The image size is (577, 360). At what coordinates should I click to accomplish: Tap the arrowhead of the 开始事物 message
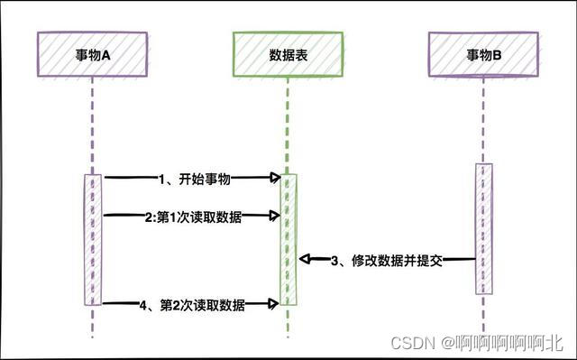pos(275,179)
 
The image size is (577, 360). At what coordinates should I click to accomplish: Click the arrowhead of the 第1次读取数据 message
pos(275,216)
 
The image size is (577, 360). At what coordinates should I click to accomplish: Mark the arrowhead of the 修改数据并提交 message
pos(304,260)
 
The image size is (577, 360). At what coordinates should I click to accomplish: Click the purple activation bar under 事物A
pos(93,239)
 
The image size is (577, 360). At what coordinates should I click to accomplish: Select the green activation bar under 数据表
pos(288,239)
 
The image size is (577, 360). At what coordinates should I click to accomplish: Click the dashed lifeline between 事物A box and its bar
pos(93,122)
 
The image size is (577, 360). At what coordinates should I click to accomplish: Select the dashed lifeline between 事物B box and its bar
pos(484,117)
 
